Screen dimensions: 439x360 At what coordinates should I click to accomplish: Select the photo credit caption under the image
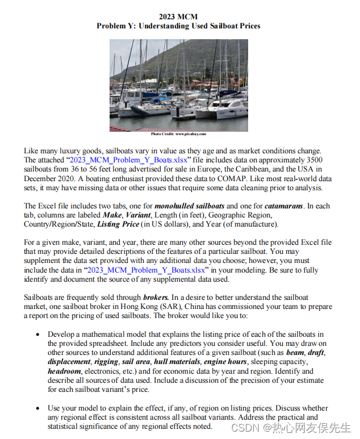[x=178, y=134]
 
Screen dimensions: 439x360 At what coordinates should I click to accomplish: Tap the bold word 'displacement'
[x=69, y=361]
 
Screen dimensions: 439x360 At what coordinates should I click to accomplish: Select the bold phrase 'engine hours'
[x=223, y=361]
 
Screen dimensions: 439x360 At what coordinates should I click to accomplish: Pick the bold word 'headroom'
[x=64, y=370]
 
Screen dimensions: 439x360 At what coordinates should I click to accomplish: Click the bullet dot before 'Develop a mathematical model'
[x=37, y=335]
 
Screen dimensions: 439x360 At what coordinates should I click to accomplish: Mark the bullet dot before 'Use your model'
[x=37, y=408]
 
